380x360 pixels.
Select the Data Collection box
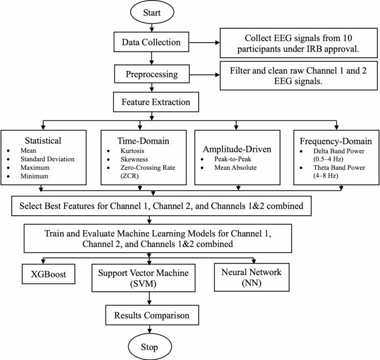click(148, 42)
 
